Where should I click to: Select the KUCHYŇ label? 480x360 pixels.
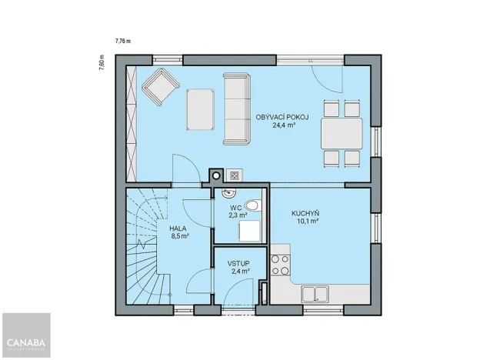pyautogui.click(x=305, y=213)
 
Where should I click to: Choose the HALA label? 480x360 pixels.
pyautogui.click(x=178, y=228)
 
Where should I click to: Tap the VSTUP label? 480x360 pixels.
pyautogui.click(x=238, y=263)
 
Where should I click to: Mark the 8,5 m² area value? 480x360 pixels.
pyautogui.click(x=179, y=237)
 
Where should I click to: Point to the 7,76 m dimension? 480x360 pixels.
pyautogui.click(x=123, y=41)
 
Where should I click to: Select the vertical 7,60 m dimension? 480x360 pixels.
pyautogui.click(x=101, y=62)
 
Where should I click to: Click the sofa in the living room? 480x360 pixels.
pyautogui.click(x=236, y=108)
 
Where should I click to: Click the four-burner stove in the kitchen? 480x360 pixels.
pyautogui.click(x=280, y=264)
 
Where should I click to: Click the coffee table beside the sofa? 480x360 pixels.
pyautogui.click(x=201, y=108)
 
